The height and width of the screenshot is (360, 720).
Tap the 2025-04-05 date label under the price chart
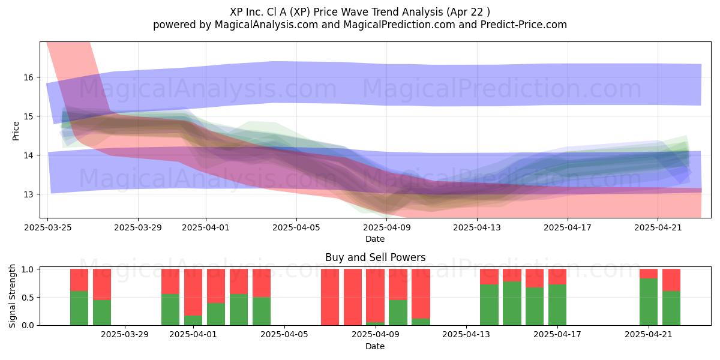tap(296, 227)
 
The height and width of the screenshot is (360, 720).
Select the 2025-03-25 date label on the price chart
tap(48, 227)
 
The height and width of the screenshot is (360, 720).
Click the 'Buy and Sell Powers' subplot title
tap(375, 257)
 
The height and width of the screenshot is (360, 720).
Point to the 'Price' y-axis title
tap(16, 131)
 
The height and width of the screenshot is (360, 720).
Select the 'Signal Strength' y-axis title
tap(12, 296)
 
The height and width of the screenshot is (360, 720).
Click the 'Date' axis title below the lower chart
tap(375, 346)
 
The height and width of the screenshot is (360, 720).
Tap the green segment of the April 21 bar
tap(649, 302)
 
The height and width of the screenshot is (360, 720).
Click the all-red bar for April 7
tap(330, 297)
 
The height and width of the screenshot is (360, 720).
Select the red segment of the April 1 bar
tap(193, 292)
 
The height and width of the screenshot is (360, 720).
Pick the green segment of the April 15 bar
tap(512, 304)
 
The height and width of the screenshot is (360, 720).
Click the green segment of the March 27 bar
tap(79, 308)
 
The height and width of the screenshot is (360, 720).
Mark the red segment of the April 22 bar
tap(671, 280)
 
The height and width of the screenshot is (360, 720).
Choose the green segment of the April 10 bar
tap(398, 313)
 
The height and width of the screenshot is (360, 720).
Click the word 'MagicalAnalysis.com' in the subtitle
tap(266, 25)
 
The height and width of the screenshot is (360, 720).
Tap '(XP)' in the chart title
tap(299, 12)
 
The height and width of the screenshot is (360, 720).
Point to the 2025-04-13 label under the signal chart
tap(466, 335)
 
